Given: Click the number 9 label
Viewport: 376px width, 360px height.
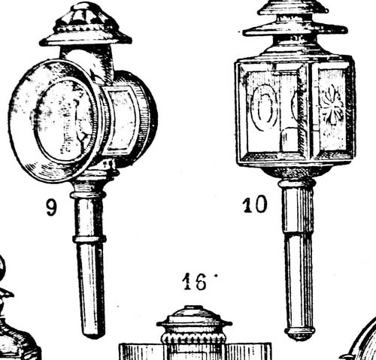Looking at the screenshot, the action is coord(51,207).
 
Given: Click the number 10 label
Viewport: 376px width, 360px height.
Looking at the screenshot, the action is coord(255,204).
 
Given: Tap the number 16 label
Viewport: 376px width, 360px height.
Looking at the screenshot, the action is coord(195,282).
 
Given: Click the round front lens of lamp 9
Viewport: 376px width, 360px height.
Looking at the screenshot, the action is coord(60,119).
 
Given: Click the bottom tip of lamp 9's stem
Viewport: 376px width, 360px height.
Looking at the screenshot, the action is coord(92,334).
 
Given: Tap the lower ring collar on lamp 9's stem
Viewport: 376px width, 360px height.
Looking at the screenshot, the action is coord(89,239).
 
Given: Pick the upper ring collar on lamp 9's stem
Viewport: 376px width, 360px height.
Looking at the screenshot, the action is coord(88,195).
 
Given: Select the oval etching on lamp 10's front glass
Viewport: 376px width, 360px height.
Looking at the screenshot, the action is coord(265,107).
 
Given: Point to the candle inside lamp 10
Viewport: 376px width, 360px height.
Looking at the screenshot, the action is coord(289,139).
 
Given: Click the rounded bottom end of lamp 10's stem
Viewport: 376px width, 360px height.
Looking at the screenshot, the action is coord(300,333).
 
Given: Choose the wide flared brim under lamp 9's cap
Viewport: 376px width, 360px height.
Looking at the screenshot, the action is coord(86,39).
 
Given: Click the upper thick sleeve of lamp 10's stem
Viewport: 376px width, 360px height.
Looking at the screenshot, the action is coord(298,210).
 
